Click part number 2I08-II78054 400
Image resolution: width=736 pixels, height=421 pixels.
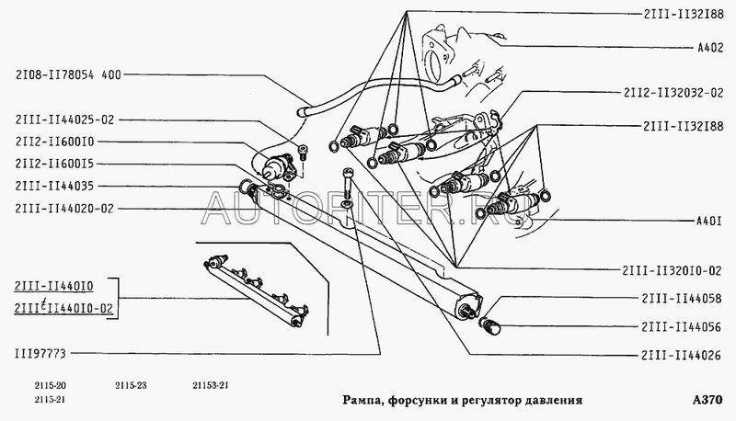tap(68, 75)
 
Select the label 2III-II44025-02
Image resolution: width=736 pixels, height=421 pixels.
tap(64, 119)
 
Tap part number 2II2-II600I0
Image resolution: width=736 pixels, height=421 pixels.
tap(54, 142)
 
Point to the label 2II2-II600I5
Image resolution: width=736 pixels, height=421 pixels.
tap(54, 164)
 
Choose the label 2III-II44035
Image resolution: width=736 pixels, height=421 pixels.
tap(54, 186)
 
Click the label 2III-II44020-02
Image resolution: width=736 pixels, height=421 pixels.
tap(64, 208)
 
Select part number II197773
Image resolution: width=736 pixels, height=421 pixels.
tap(40, 354)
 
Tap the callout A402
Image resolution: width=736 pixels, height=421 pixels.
tap(710, 48)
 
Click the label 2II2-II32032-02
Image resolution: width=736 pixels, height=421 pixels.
tap(673, 93)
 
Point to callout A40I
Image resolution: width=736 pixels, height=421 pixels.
tap(708, 221)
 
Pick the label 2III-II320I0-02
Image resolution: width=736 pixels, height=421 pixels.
tap(672, 270)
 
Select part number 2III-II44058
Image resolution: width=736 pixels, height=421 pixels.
tap(682, 299)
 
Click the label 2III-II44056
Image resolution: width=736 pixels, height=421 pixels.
tap(681, 326)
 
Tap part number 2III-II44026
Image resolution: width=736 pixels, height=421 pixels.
tap(681, 356)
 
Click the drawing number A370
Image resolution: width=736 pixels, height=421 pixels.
tap(707, 400)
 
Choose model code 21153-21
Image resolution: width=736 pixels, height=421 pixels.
tap(211, 386)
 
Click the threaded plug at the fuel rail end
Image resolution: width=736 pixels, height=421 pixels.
tap(490, 326)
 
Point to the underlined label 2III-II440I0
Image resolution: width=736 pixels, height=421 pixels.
tap(54, 286)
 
